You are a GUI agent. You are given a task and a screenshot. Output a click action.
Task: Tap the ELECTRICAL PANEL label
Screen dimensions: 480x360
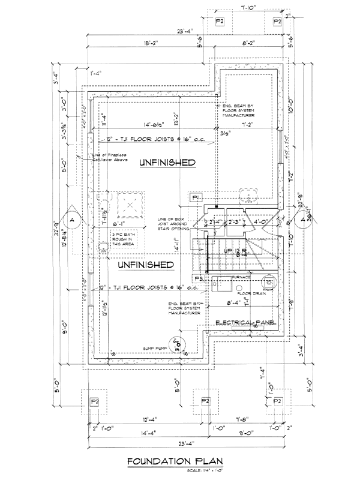[x=245, y=323]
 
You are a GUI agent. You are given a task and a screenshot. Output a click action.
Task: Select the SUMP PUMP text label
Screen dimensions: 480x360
[x=154, y=347]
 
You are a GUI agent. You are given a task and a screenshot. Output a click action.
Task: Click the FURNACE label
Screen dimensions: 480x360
[x=242, y=278]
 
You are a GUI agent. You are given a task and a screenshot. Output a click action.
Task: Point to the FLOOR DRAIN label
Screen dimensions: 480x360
[x=251, y=293]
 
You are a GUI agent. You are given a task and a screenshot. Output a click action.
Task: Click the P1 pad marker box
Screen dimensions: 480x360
[x=196, y=197]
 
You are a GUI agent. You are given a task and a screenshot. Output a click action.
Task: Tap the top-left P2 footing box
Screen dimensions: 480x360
[x=220, y=22]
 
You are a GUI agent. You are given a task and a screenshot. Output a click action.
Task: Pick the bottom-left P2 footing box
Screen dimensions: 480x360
[x=95, y=400]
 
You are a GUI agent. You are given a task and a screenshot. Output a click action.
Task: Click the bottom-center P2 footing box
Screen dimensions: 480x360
[x=205, y=400]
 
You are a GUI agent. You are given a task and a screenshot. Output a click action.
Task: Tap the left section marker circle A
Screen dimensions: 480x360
[x=72, y=221]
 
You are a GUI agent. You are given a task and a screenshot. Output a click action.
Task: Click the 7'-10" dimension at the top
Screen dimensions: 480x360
[x=248, y=7]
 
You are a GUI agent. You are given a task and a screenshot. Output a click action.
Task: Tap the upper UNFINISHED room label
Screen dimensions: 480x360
[x=168, y=163]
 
